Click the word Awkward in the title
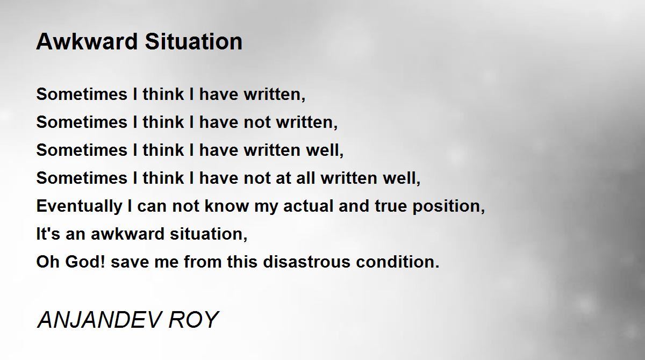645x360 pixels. tap(87, 42)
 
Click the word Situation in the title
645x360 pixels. tap(194, 42)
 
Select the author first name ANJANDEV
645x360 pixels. tap(99, 320)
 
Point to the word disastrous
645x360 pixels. tap(306, 262)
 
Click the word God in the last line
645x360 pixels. tap(85, 262)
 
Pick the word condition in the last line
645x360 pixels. tap(397, 262)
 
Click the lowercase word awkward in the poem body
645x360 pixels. tap(127, 234)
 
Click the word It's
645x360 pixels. tap(48, 234)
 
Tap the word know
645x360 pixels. tap(227, 206)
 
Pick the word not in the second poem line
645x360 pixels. tap(257, 123)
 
